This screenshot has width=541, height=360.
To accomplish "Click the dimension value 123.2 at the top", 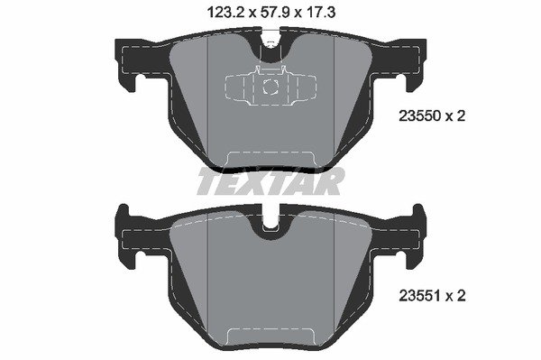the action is click(225, 13).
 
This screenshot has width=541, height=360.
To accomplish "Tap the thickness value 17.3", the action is click(320, 13).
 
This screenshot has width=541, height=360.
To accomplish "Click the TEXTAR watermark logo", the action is click(270, 180).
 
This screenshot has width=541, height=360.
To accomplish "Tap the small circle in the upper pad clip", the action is click(270, 87).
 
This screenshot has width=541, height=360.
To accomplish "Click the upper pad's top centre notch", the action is click(270, 45).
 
